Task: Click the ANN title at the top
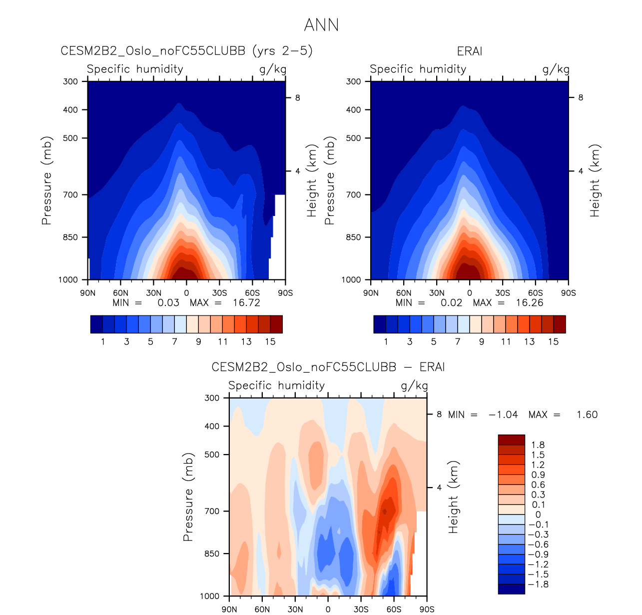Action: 321,25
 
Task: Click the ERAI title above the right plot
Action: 469,51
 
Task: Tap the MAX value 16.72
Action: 246,303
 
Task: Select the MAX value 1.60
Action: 587,415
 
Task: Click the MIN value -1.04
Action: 503,415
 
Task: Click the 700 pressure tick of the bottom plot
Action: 212,511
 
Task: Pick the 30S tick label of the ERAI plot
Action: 503,293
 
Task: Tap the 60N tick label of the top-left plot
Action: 120,293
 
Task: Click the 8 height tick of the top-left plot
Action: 297,98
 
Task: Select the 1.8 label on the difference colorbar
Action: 538,445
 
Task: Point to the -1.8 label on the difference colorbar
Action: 538,584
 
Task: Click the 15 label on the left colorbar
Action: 270,342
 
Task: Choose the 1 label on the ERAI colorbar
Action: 386,342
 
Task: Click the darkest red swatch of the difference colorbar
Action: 511,439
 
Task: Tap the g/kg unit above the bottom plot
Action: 414,386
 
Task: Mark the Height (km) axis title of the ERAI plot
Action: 595,180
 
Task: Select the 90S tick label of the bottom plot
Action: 427,609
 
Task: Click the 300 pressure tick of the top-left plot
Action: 70,81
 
